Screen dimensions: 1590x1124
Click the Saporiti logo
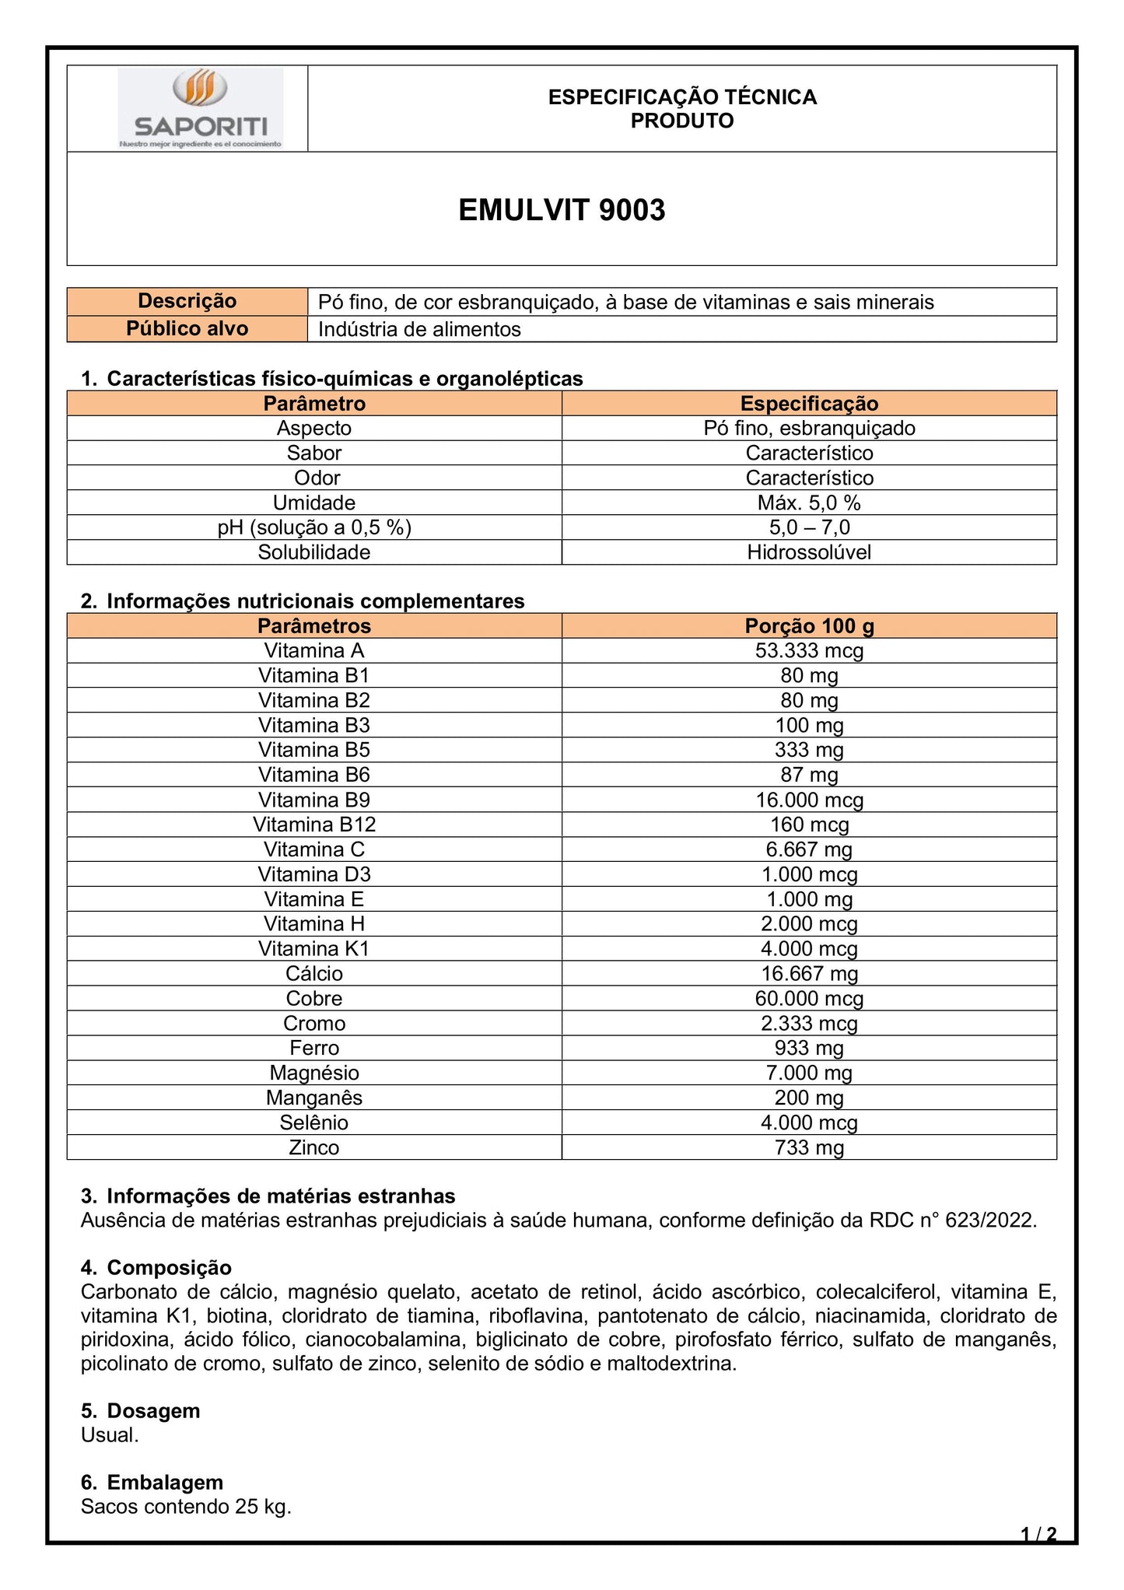(201, 108)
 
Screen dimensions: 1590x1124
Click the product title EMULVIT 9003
(562, 210)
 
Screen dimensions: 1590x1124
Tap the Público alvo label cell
(187, 329)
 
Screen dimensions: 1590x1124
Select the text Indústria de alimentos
(419, 329)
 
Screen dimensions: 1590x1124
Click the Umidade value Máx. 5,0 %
(809, 503)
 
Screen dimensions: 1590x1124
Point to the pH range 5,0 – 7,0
(809, 527)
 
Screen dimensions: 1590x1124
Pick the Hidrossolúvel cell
(809, 552)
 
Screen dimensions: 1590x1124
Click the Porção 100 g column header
(809, 626)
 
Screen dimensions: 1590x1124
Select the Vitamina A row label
(314, 650)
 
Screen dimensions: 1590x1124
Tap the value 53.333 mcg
(809, 650)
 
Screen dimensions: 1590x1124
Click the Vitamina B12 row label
(314, 825)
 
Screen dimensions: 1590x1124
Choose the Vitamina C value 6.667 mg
(809, 849)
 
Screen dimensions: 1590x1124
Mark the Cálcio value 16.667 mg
(809, 974)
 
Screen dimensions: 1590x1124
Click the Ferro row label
(314, 1048)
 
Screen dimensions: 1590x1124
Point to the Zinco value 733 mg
(809, 1147)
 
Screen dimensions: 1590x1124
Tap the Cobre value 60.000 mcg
(809, 999)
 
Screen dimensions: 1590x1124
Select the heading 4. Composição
(156, 1268)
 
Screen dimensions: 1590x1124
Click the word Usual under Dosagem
(110, 1435)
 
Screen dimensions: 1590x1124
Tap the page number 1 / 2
(1038, 1534)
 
